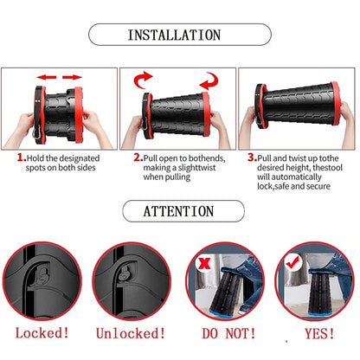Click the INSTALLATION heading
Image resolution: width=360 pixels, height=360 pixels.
pos(179,35)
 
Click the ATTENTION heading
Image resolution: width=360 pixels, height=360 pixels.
pos(180,210)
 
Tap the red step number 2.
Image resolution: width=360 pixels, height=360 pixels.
pos(138,159)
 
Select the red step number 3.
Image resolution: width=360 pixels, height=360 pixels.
pos(253,159)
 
